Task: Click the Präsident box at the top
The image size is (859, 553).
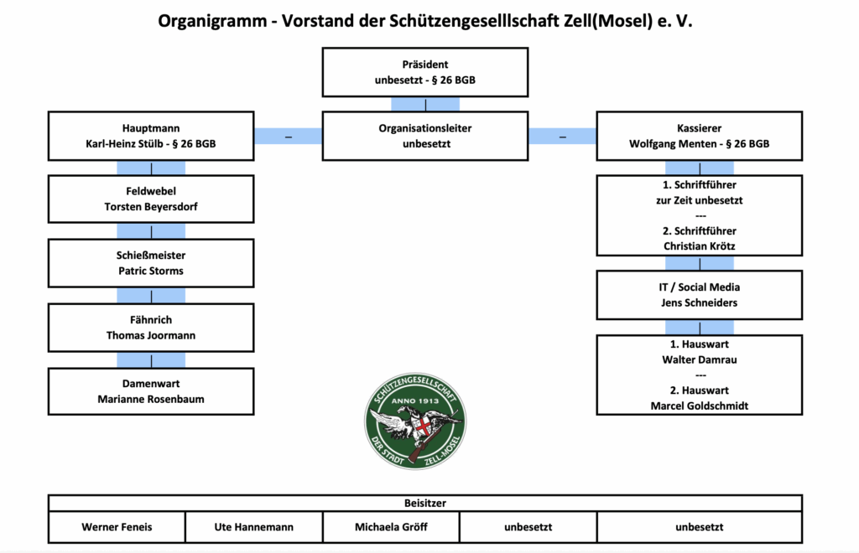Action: coord(425,72)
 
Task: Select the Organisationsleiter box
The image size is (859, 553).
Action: coord(425,137)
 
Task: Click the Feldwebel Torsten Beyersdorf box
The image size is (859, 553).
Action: coord(151,199)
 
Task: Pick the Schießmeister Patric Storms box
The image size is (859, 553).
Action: coord(151,263)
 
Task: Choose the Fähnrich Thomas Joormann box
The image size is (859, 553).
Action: coord(151,328)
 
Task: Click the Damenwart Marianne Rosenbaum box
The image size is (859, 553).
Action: coord(151,391)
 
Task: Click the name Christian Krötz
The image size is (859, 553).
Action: coord(699,245)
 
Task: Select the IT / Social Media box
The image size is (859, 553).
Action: coord(700,295)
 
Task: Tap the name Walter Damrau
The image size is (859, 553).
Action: coord(699,359)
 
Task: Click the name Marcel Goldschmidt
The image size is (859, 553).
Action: coord(699,406)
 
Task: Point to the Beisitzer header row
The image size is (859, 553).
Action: coord(425,503)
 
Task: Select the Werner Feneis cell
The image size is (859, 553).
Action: coord(117,527)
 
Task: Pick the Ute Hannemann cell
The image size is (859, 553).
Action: coord(254,527)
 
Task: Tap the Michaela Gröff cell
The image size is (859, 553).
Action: coord(391,527)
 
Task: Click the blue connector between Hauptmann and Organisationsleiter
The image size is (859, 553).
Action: coord(289,137)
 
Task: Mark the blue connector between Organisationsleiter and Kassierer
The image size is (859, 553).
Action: coord(562,137)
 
